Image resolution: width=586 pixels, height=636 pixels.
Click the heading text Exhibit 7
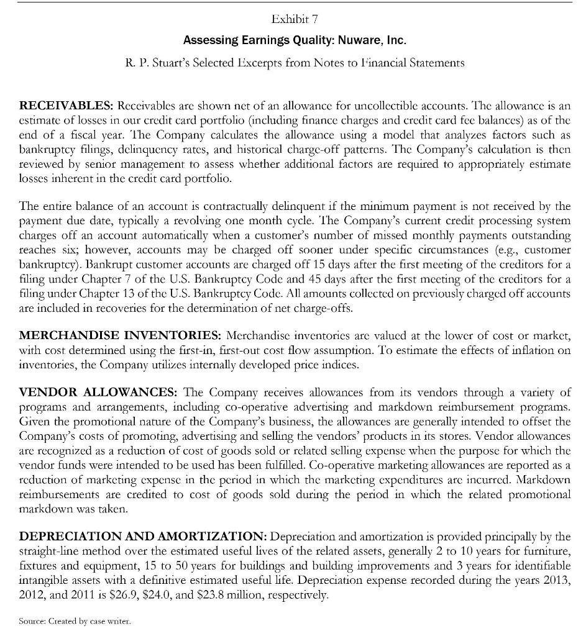[293, 23]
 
